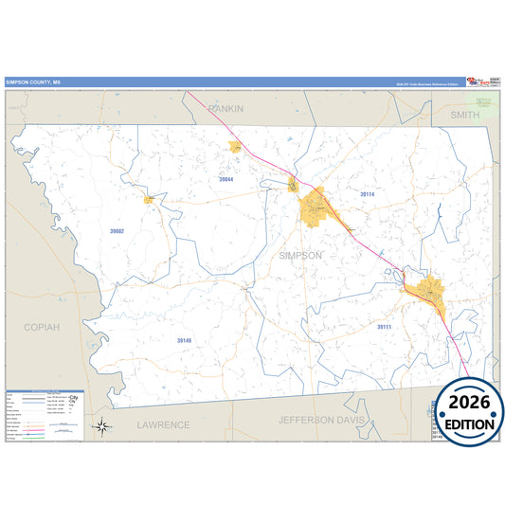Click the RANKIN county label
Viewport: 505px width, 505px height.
pyautogui.click(x=226, y=109)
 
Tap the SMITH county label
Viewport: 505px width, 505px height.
pyautogui.click(x=465, y=115)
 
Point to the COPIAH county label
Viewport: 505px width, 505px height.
pyautogui.click(x=42, y=327)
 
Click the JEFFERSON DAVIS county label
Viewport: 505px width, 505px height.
pyautogui.click(x=329, y=419)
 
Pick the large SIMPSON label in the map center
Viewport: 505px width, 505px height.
pyautogui.click(x=301, y=256)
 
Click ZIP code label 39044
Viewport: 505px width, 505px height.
pyautogui.click(x=225, y=179)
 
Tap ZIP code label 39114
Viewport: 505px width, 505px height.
pyautogui.click(x=368, y=194)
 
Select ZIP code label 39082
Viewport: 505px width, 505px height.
pyautogui.click(x=117, y=230)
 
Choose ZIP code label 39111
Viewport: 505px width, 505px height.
pyautogui.click(x=385, y=327)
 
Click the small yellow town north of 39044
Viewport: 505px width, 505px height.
pyautogui.click(x=234, y=147)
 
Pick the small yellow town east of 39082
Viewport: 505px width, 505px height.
pyautogui.click(x=149, y=200)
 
